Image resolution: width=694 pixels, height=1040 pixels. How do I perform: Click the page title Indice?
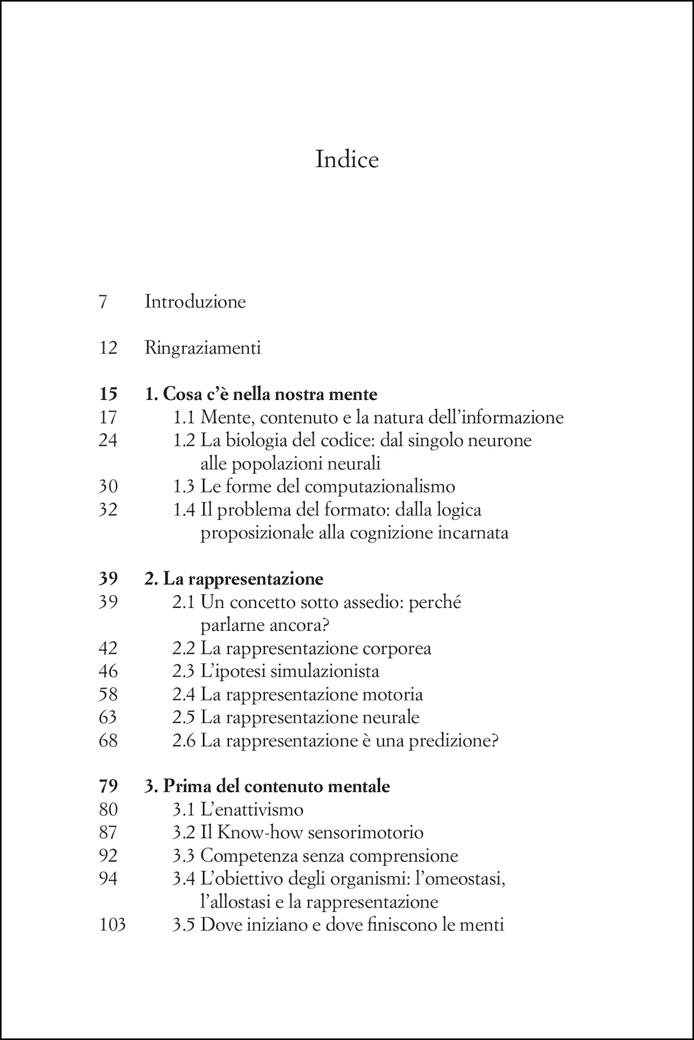pyautogui.click(x=347, y=159)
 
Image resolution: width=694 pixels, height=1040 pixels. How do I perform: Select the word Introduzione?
pyautogui.click(x=195, y=302)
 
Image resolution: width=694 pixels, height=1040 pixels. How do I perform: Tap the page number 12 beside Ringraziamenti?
pyautogui.click(x=108, y=347)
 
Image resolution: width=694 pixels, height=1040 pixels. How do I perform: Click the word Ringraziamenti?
pyautogui.click(x=202, y=347)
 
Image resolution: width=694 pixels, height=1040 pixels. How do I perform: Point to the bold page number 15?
pyautogui.click(x=108, y=394)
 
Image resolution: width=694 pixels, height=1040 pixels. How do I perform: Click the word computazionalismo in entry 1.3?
pyautogui.click(x=380, y=486)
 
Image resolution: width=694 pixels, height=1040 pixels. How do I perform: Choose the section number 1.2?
pyautogui.click(x=184, y=440)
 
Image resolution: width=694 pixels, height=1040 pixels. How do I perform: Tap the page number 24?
pyautogui.click(x=108, y=440)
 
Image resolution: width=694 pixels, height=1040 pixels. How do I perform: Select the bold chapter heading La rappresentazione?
pyautogui.click(x=243, y=579)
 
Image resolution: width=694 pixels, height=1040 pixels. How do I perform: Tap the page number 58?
pyautogui.click(x=108, y=694)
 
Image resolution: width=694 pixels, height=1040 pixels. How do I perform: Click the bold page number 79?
pyautogui.click(x=108, y=786)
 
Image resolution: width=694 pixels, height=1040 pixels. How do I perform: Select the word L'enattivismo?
pyautogui.click(x=252, y=810)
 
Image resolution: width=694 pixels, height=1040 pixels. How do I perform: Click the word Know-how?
pyautogui.click(x=260, y=833)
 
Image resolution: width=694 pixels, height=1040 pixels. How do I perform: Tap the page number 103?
pyautogui.click(x=112, y=925)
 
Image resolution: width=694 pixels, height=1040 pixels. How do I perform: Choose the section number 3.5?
pyautogui.click(x=184, y=925)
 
